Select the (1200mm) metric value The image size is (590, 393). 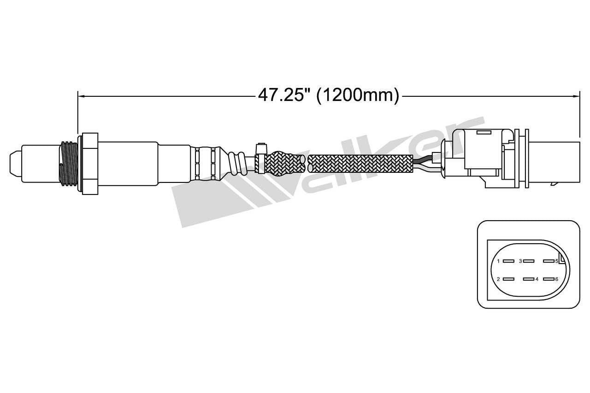[358, 95]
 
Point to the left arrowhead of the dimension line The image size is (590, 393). [81, 96]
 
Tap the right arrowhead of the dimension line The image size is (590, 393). [576, 96]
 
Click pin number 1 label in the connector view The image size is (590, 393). [498, 261]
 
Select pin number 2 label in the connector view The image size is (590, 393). [498, 279]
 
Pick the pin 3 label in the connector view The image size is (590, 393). [520, 261]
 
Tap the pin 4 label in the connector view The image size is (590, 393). [537, 279]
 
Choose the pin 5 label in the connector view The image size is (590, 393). [556, 261]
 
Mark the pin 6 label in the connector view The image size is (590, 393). [556, 279]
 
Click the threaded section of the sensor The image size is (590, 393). [67, 164]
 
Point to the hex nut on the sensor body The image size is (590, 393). [90, 164]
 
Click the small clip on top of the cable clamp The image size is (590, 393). [261, 148]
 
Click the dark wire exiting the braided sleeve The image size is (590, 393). [423, 161]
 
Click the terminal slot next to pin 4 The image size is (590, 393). [527, 279]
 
